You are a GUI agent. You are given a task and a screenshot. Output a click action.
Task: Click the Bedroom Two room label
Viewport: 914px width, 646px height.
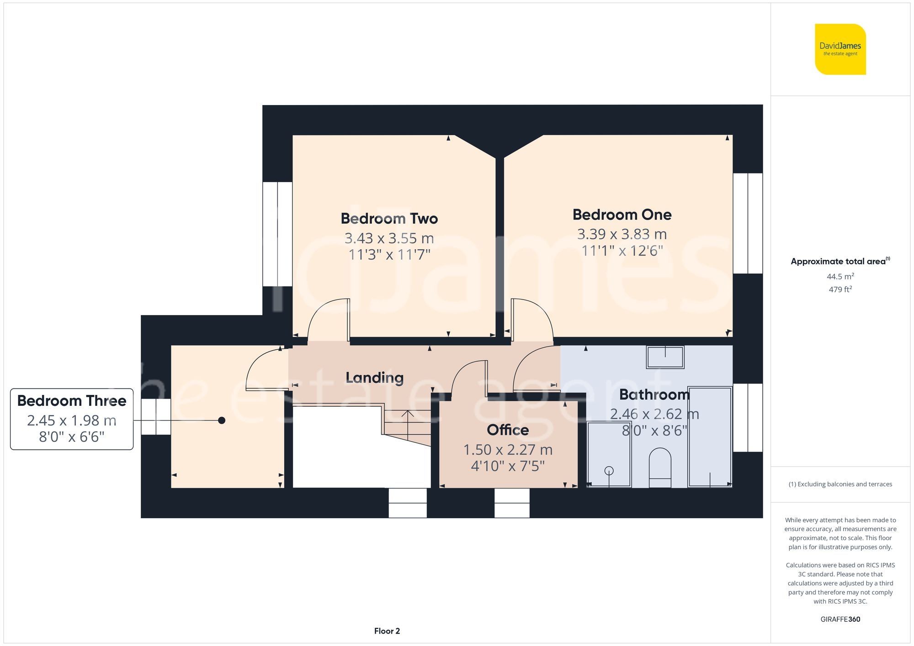[x=389, y=219]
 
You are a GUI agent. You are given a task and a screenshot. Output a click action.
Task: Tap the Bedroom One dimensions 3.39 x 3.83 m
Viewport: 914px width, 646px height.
[x=622, y=234]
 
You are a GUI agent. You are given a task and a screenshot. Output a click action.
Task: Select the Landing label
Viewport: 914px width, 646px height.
[x=374, y=378]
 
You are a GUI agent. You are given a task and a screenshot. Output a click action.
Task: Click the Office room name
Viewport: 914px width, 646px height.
[x=508, y=430]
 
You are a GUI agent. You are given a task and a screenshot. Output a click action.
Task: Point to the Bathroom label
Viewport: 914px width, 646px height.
[x=654, y=394]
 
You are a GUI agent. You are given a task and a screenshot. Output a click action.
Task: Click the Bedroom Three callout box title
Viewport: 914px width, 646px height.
[x=72, y=401]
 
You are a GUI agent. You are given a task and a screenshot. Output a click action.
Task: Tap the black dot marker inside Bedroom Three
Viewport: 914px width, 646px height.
[x=222, y=420]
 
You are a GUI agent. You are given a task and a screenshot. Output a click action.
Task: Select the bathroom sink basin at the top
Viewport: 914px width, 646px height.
[x=665, y=357]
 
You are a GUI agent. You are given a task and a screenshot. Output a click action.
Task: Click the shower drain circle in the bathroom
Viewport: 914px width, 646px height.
[x=609, y=471]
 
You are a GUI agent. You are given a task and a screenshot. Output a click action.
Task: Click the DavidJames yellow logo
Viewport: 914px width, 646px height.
[x=840, y=49]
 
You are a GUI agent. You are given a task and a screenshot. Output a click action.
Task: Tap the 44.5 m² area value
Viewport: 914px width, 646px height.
[x=840, y=277]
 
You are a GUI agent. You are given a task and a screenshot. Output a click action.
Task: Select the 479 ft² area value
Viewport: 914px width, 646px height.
[x=840, y=289]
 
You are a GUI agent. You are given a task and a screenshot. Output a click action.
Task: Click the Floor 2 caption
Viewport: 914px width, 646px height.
[x=387, y=631]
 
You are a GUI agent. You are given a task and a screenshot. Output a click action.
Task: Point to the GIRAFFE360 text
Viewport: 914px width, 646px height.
[x=840, y=620]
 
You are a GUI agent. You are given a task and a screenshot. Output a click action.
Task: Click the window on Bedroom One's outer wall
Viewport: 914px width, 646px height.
[x=748, y=223]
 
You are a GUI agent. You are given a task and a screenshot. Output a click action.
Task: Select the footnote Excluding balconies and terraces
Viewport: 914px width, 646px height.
[x=840, y=484]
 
